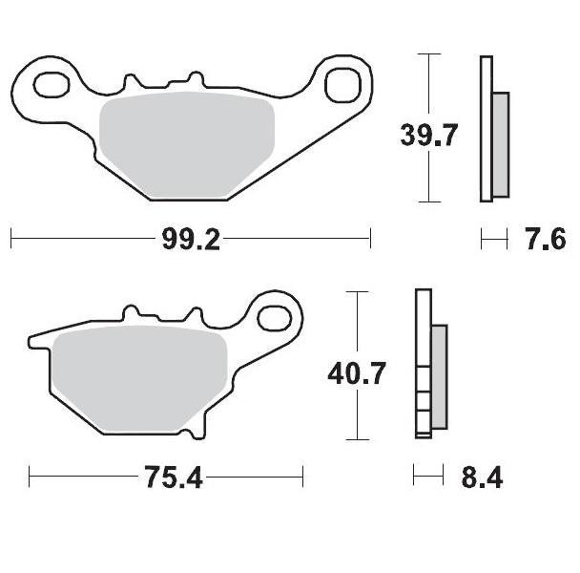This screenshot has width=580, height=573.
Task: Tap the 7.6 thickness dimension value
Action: click(x=544, y=239)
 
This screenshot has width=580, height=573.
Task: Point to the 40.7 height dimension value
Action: click(x=356, y=372)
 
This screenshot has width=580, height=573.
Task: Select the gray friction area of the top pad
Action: click(x=186, y=148)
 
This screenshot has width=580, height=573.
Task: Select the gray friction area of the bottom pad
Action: click(x=138, y=377)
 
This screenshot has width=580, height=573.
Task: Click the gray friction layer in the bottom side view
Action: click(x=439, y=376)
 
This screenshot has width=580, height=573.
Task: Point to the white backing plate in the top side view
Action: click(x=486, y=129)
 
